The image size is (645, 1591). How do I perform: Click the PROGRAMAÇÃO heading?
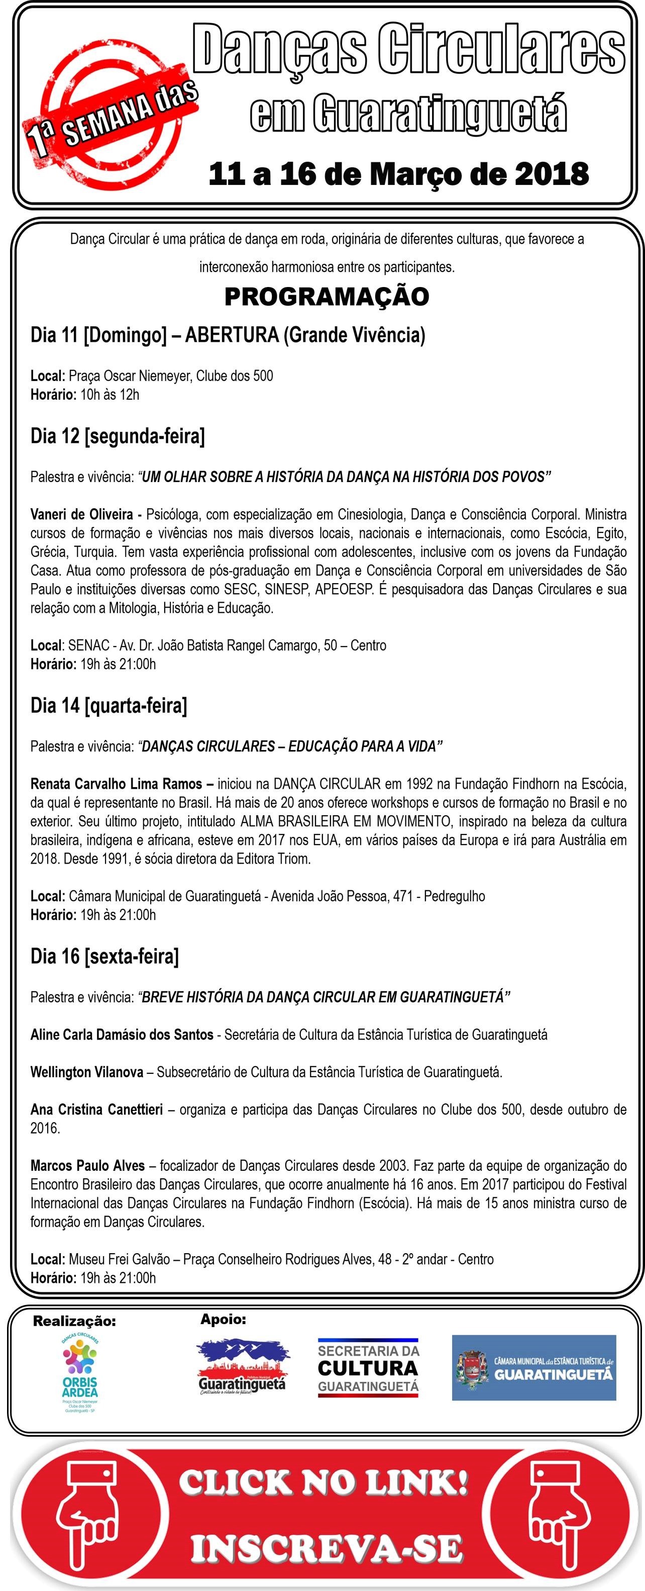pos(327,297)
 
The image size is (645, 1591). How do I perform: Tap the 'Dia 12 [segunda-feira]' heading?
pos(117,436)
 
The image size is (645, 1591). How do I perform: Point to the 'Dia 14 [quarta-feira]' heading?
pos(109,705)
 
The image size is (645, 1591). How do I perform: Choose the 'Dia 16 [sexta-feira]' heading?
pos(104,956)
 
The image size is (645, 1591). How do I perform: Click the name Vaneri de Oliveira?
pos(81,514)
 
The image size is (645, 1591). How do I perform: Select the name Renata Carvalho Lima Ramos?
pos(116,784)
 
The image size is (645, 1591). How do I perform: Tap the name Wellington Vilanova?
pos(86,1072)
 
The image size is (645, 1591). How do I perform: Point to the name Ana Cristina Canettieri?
pos(96,1109)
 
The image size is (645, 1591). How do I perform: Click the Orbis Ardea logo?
pos(80,1370)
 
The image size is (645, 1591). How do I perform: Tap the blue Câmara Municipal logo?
pos(534,1367)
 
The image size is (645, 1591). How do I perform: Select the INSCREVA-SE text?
pos(326,1548)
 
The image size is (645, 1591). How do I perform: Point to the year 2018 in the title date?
pos(553,174)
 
